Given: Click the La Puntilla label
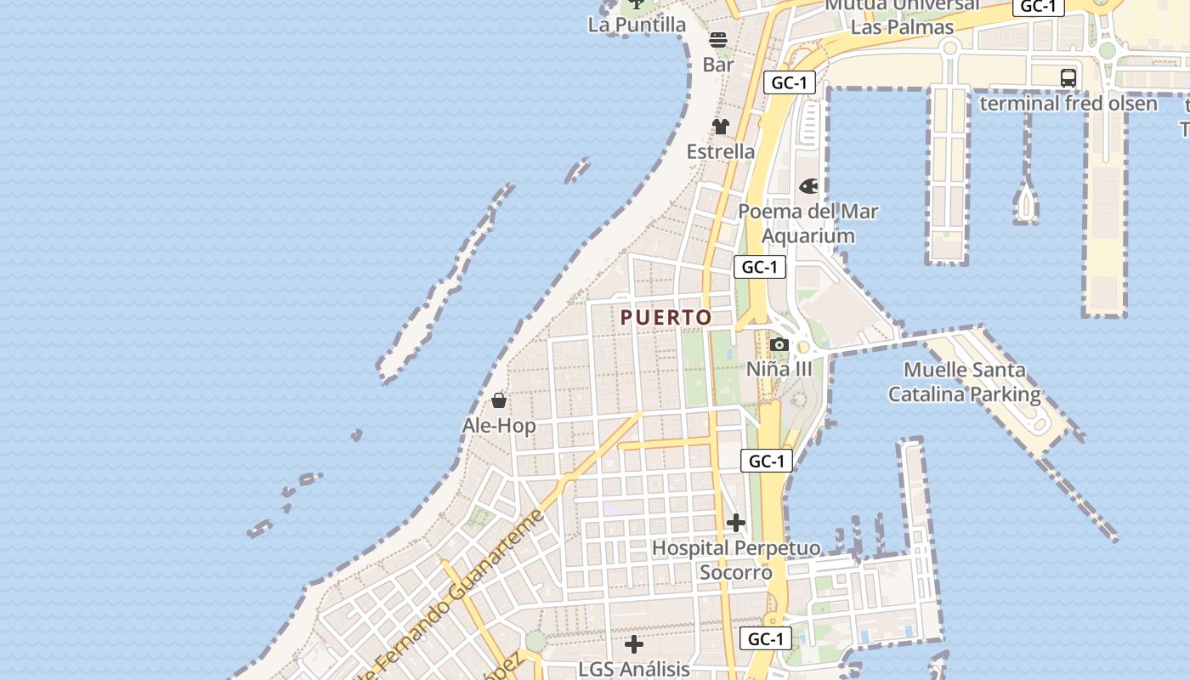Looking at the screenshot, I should coord(637,25).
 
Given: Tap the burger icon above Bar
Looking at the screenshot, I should coord(718,39).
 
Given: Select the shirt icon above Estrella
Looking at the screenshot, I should coord(721,127).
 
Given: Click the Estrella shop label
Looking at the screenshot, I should coord(721,151).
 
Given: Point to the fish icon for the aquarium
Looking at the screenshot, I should coord(808,185).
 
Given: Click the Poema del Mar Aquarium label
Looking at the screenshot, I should coord(808,224).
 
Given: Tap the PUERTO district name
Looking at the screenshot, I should coord(666,318).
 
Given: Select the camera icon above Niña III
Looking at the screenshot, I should coord(779,344).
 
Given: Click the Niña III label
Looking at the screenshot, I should coord(779,369).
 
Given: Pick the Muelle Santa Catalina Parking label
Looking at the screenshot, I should coord(965,382).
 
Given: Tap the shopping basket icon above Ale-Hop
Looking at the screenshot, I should coord(499,400).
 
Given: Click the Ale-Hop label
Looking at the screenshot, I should coord(499,425).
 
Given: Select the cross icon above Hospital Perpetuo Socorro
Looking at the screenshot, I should coord(736,523).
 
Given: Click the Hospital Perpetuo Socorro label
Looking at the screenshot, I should coord(736,560).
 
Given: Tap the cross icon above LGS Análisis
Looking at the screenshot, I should coord(634,644).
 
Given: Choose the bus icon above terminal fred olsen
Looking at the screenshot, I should coord(1068,78).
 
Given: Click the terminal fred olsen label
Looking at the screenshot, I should coord(1068,104).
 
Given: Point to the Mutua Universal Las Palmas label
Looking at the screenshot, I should coord(902,15).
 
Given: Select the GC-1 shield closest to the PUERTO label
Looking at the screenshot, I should coord(760,267).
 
